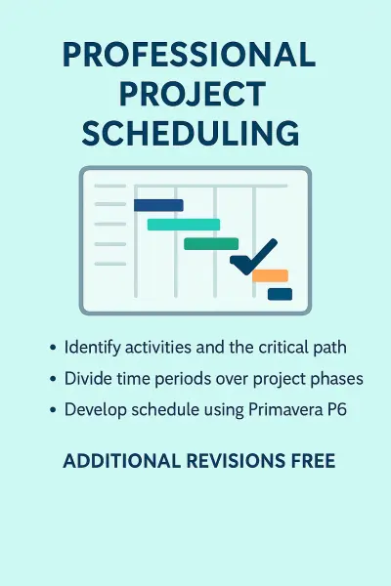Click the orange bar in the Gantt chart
[x=270, y=275]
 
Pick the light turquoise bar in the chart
[x=184, y=225]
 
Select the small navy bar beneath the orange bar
[x=280, y=294]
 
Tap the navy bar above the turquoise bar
[x=158, y=205]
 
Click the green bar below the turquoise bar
[x=211, y=243]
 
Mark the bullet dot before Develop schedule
[x=52, y=410]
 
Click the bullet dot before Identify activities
[x=52, y=348]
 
